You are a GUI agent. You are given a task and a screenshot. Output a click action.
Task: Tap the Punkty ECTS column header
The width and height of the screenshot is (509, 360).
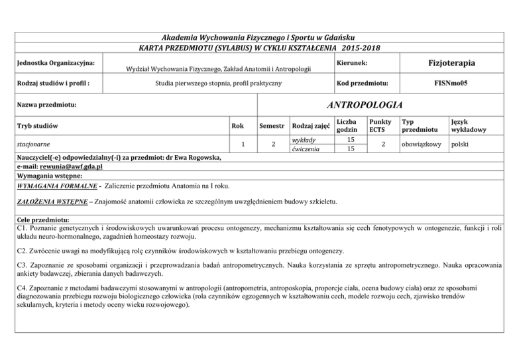click(380, 126)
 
